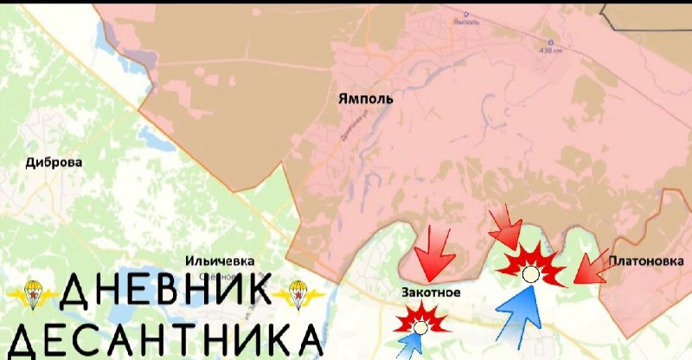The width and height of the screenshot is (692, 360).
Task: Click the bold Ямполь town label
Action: point(365,99)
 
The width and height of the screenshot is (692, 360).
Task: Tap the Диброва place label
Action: point(54,162)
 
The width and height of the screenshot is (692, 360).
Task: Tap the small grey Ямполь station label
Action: point(466,22)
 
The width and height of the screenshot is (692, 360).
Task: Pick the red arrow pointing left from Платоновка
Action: point(592,268)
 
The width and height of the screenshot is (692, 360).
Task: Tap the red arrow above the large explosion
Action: point(507,229)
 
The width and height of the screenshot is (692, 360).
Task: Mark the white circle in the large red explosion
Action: point(531,273)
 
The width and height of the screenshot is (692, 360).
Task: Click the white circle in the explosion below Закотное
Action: point(420,327)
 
